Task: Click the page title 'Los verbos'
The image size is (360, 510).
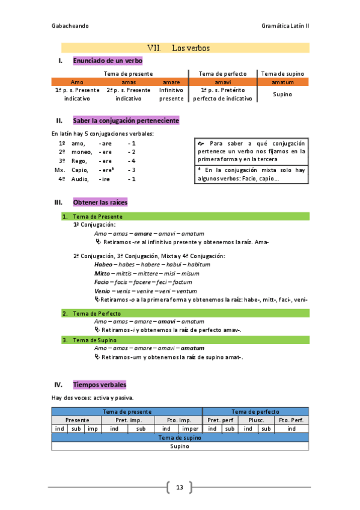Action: tap(190, 48)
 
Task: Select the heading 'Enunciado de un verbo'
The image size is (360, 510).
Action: tap(108, 61)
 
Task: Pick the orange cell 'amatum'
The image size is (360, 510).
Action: tap(282, 82)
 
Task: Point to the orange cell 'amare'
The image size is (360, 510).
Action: tap(171, 82)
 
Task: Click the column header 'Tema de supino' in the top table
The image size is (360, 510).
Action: tap(282, 73)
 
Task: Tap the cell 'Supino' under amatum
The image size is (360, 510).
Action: tap(282, 94)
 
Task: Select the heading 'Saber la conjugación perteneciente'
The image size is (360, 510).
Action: tap(126, 120)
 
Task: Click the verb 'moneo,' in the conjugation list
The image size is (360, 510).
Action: tap(78, 152)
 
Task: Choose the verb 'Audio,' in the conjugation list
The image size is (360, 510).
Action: tap(79, 179)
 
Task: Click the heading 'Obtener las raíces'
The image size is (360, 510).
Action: tap(100, 202)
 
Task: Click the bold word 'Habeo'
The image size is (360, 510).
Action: tap(103, 265)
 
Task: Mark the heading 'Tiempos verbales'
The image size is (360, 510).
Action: tap(99, 384)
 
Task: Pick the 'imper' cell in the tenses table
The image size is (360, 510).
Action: tap(190, 428)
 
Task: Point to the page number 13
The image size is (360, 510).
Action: tap(179, 487)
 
